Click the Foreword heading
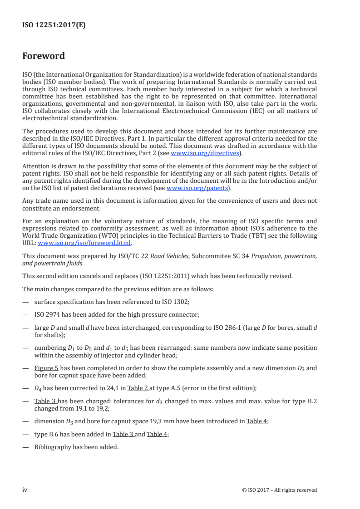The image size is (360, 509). (x=44, y=56)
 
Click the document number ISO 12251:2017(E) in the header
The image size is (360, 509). (x=54, y=25)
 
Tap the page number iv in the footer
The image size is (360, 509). (x=25, y=489)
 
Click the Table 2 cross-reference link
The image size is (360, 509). (x=138, y=388)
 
